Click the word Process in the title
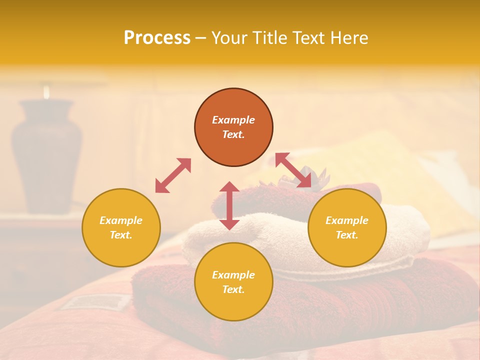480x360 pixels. tap(157, 38)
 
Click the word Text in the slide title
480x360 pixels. tap(308, 38)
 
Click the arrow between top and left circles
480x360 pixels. tap(173, 175)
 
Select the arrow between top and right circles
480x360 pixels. tap(293, 170)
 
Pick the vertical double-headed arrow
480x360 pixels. tap(229, 205)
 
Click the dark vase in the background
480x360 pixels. tap(46, 155)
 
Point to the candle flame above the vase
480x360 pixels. tap(46, 91)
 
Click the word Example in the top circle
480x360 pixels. tap(233, 120)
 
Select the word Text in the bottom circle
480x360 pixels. tap(233, 290)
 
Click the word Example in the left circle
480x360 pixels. tap(121, 220)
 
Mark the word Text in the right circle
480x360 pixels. tap(347, 235)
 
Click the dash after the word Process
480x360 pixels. tap(201, 38)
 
